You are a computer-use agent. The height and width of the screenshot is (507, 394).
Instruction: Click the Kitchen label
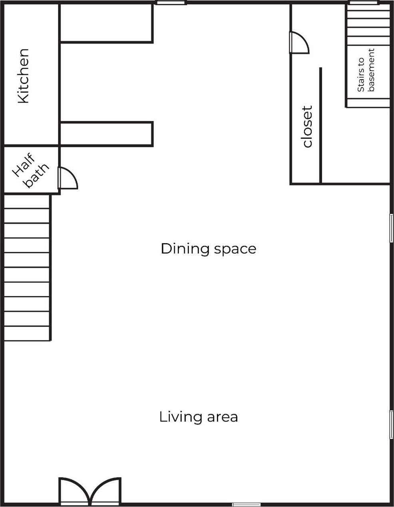coord(24,76)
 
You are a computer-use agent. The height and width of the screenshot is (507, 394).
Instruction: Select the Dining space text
coord(209,249)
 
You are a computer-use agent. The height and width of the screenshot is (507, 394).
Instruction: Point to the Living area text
coord(199,417)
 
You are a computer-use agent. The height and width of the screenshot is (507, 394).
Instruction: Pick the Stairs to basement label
coord(366,70)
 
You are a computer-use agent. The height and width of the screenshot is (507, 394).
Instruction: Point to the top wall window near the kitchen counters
coord(171,2)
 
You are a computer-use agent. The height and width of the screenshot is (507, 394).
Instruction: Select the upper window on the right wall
coord(392,228)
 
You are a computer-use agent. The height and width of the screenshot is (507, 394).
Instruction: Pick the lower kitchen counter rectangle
coord(107,134)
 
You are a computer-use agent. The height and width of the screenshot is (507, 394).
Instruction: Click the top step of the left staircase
coord(27,202)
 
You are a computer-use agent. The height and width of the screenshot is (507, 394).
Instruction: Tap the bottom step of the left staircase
coord(27,333)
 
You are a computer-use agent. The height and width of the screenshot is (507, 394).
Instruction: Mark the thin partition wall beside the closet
coord(320,125)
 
